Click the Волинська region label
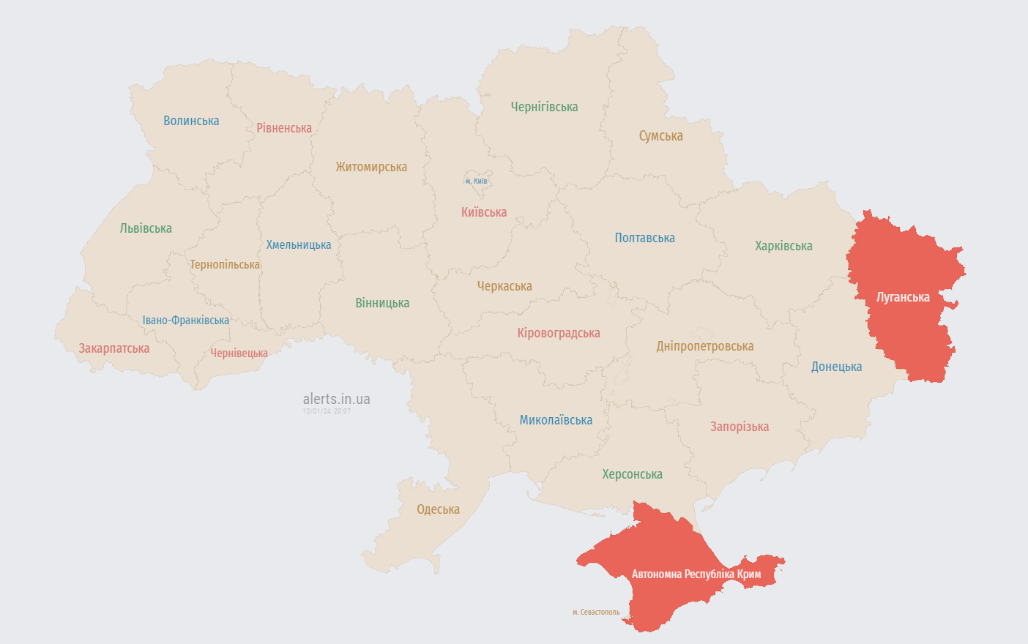191,121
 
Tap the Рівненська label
284,128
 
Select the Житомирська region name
371,167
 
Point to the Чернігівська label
544,107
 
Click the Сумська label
660,136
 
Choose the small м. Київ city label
476,181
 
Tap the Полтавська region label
644,238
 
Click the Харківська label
783,246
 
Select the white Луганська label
903,297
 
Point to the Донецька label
836,367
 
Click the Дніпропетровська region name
704,346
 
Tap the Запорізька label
740,427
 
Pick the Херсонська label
632,474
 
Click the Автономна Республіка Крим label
696,574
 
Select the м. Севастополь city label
596,612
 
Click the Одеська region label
438,509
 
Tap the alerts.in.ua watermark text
336,399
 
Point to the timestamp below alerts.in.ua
327,411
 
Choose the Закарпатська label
114,348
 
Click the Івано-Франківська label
185,321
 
